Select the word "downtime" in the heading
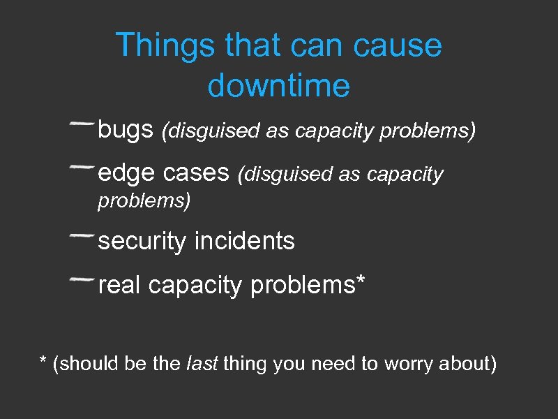click(278, 86)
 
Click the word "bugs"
click(126, 130)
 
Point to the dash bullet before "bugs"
click(82, 124)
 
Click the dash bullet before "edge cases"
click(82, 167)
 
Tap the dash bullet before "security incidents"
click(82, 236)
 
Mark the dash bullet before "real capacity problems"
click(82, 279)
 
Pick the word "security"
click(143, 242)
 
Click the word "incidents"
click(245, 242)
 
